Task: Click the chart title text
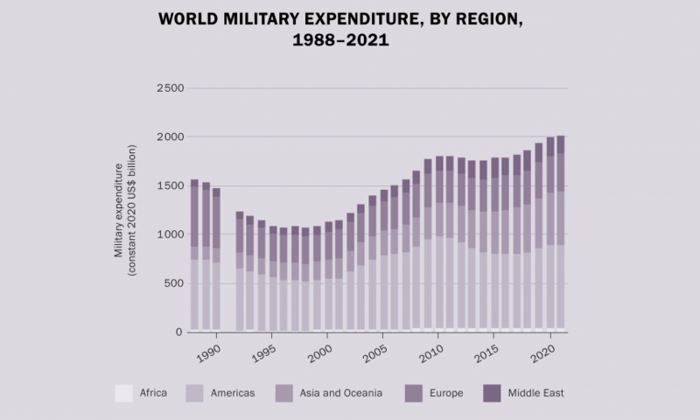click(x=350, y=28)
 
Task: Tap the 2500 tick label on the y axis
click(x=169, y=88)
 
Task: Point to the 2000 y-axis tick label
click(x=169, y=137)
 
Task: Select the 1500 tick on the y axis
click(x=169, y=186)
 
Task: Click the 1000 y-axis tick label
click(x=169, y=234)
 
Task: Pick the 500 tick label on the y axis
click(x=173, y=283)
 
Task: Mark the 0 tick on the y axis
click(x=179, y=332)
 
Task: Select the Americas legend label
click(x=232, y=393)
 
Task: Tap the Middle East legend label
click(x=537, y=393)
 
